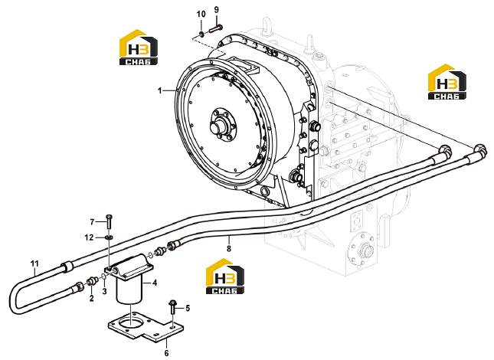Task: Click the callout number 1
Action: click(x=160, y=90)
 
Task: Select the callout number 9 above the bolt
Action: click(x=216, y=10)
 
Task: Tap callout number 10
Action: click(x=201, y=15)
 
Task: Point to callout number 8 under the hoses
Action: click(x=229, y=248)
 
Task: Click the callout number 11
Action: click(x=34, y=263)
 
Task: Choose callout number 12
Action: click(x=89, y=237)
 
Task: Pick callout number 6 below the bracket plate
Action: click(x=166, y=353)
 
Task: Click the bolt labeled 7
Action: click(x=109, y=221)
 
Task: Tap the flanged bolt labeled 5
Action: click(x=172, y=307)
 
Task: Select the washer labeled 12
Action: click(x=109, y=237)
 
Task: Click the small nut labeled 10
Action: click(x=201, y=34)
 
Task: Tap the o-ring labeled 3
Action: click(x=103, y=277)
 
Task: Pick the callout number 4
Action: click(x=155, y=283)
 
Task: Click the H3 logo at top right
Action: click(x=447, y=82)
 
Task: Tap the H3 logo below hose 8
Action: click(x=224, y=277)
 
